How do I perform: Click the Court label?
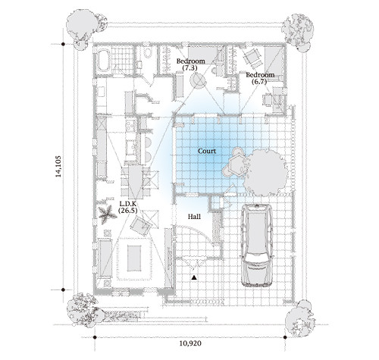tap(207, 151)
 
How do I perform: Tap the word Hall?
tap(194, 217)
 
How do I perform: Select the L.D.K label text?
tap(128, 202)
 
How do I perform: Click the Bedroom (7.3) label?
tap(190, 64)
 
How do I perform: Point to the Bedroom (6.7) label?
tap(260, 78)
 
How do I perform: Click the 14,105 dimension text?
tap(58, 167)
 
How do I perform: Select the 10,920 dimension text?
tap(190, 343)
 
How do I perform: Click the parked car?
tap(257, 245)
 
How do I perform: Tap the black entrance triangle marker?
tap(194, 277)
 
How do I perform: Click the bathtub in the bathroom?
tap(103, 61)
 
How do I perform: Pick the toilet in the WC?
tap(147, 52)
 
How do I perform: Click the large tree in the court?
tap(265, 172)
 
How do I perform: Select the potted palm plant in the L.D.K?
tap(105, 214)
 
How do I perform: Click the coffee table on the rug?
tap(134, 258)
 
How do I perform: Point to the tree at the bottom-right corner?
tap(300, 318)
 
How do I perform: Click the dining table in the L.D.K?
tap(136, 181)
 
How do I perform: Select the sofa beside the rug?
tap(104, 259)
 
